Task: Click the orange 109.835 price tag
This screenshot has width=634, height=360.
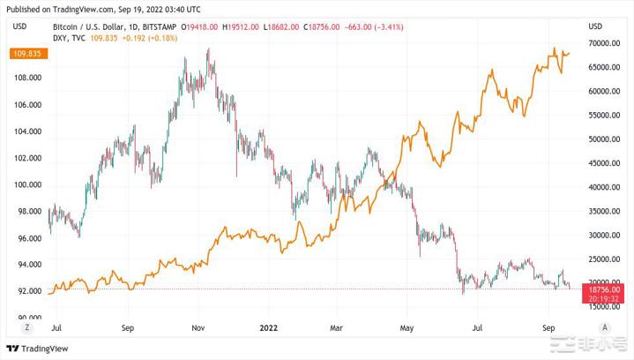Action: pyautogui.click(x=24, y=55)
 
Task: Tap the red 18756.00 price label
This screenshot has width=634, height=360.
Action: pyautogui.click(x=604, y=289)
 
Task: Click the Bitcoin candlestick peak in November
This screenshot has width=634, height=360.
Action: pyautogui.click(x=209, y=51)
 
